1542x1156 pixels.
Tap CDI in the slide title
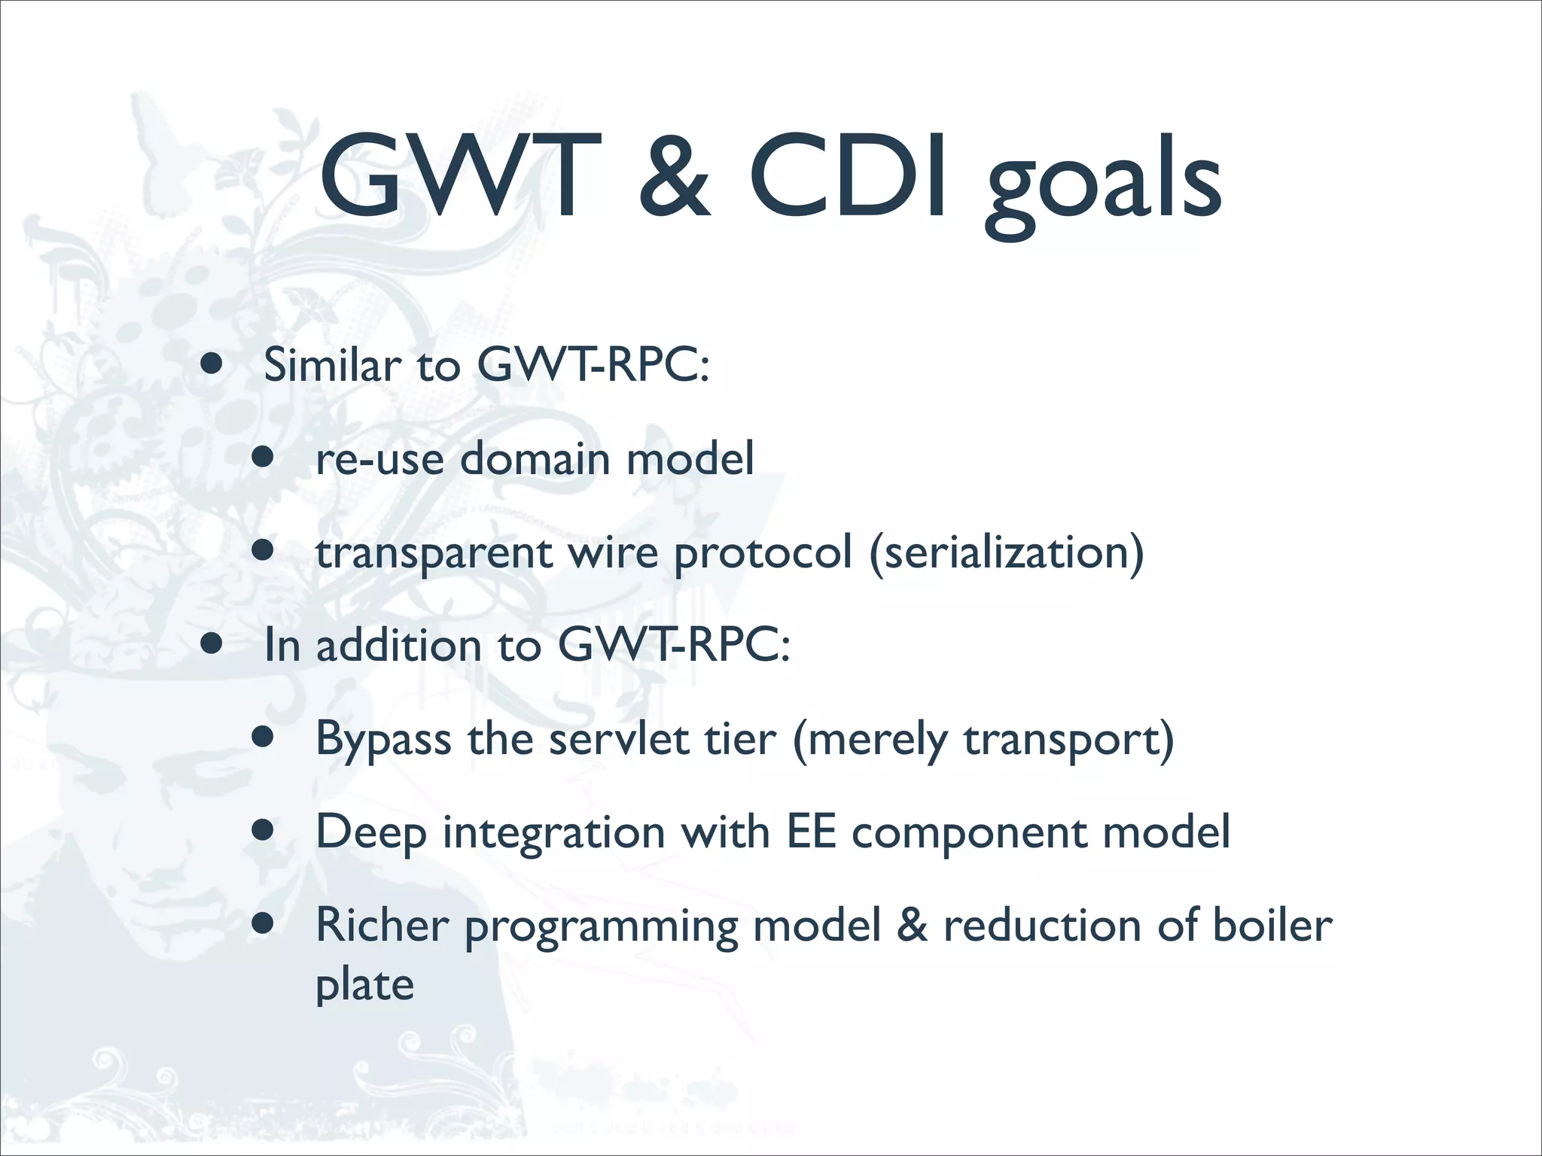848,177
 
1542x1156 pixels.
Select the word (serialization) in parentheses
1007,553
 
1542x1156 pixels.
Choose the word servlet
618,739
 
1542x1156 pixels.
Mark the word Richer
382,925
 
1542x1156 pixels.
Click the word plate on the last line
364,985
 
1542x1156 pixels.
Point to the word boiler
1272,925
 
